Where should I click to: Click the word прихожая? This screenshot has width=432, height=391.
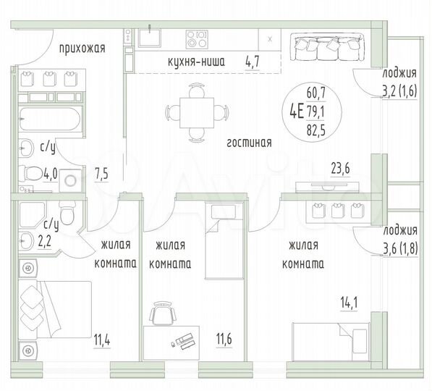(x=82, y=49)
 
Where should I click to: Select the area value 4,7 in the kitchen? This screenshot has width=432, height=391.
(x=253, y=62)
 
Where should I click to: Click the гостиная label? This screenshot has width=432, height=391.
(x=249, y=143)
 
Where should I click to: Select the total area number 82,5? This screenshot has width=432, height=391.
(x=316, y=131)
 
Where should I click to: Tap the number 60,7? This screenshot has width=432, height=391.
(x=316, y=92)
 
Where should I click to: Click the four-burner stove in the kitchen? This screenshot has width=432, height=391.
(x=197, y=36)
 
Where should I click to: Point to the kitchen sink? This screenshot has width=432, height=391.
(x=153, y=36)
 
